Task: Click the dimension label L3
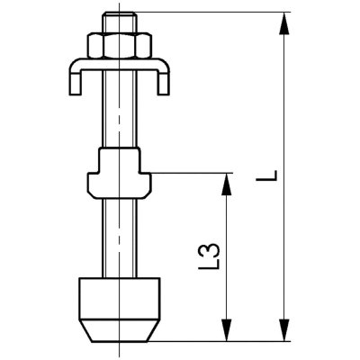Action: coord(210,256)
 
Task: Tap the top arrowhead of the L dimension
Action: coord(284,24)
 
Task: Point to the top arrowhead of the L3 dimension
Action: coord(227,185)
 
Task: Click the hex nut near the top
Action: coord(120,46)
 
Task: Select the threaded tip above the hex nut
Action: coord(120,23)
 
